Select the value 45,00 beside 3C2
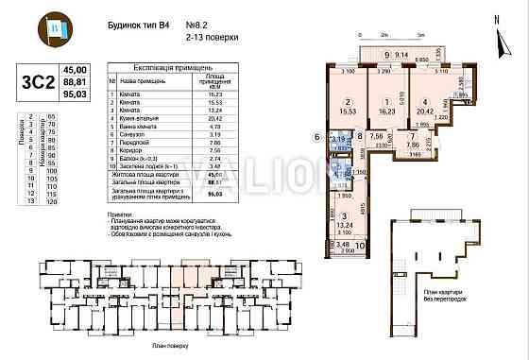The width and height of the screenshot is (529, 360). point(74,70)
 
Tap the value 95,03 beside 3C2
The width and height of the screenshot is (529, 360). point(74,94)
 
